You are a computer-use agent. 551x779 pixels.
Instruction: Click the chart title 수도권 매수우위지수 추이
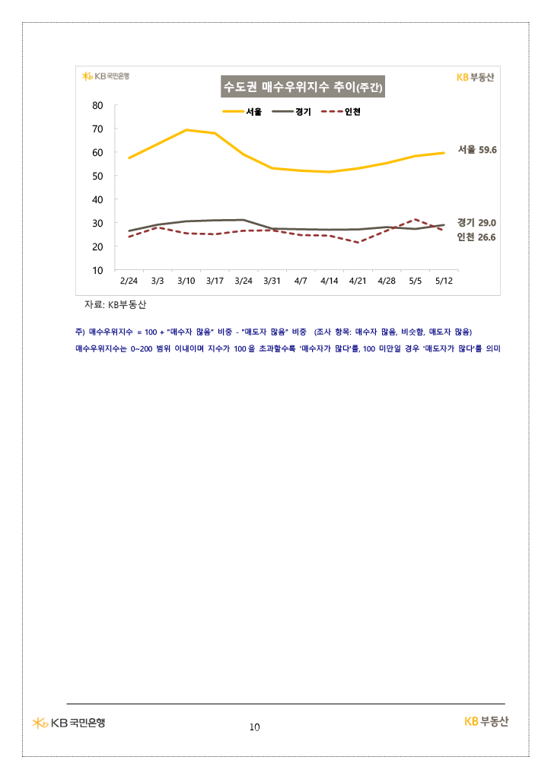pos(303,87)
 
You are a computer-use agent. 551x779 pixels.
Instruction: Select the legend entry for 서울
pos(242,112)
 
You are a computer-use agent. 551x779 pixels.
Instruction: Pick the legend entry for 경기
pos(291,112)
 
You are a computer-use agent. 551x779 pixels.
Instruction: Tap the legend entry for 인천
pos(341,112)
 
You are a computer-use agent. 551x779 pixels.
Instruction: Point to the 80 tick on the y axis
pos(97,105)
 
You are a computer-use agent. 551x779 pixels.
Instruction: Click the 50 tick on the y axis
pos(97,176)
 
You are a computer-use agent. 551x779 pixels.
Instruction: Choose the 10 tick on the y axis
pos(97,270)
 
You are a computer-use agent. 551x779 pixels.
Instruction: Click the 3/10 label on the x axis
pos(186,281)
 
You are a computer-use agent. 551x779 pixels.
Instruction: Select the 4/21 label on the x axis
pos(358,281)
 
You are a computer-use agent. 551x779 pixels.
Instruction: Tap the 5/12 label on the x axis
pos(444,281)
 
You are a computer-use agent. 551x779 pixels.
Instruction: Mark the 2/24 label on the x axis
pos(129,281)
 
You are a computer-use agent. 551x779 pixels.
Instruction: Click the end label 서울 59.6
pos(477,150)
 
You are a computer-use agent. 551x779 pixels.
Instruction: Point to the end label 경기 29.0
pos(476,223)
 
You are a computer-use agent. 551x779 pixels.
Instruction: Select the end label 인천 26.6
pos(476,237)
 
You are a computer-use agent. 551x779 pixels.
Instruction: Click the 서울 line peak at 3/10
pos(186,130)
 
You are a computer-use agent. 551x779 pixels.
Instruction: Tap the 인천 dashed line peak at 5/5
pos(416,219)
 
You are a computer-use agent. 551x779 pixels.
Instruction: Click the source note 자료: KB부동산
pos(115,304)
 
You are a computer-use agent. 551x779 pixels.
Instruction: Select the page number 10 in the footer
pos(254,727)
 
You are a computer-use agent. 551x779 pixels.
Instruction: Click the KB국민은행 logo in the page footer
pos(68,723)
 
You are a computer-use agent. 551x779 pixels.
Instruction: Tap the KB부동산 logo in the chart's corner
pos(476,77)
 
